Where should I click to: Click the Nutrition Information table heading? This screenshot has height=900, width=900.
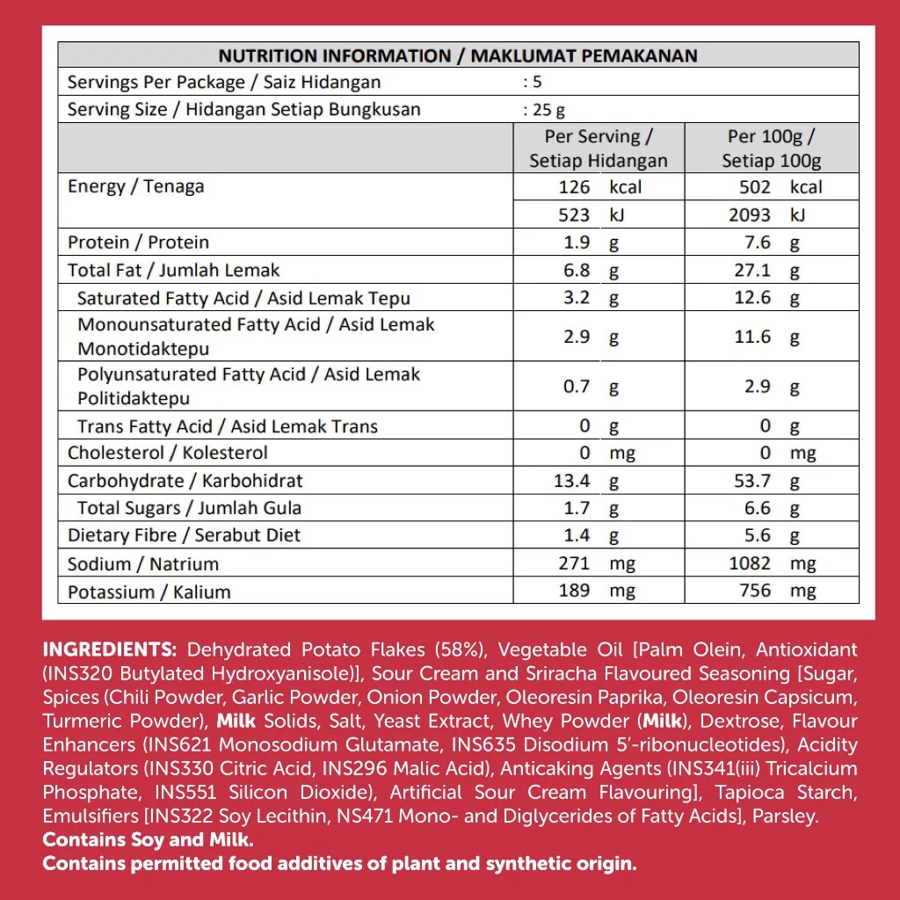[457, 56]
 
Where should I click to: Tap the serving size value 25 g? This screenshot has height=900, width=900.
[544, 110]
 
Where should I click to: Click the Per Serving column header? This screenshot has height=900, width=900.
[598, 149]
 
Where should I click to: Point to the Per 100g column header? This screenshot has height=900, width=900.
[771, 149]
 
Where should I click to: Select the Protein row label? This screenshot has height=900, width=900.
[138, 243]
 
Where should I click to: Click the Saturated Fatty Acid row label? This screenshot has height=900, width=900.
[243, 299]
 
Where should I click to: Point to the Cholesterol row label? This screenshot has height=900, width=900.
[167, 454]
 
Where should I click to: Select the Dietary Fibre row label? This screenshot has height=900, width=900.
[184, 535]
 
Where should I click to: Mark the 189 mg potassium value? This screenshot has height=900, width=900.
[596, 591]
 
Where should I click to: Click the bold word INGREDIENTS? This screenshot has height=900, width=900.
[110, 650]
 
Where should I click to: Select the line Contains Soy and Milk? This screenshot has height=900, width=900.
[149, 840]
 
